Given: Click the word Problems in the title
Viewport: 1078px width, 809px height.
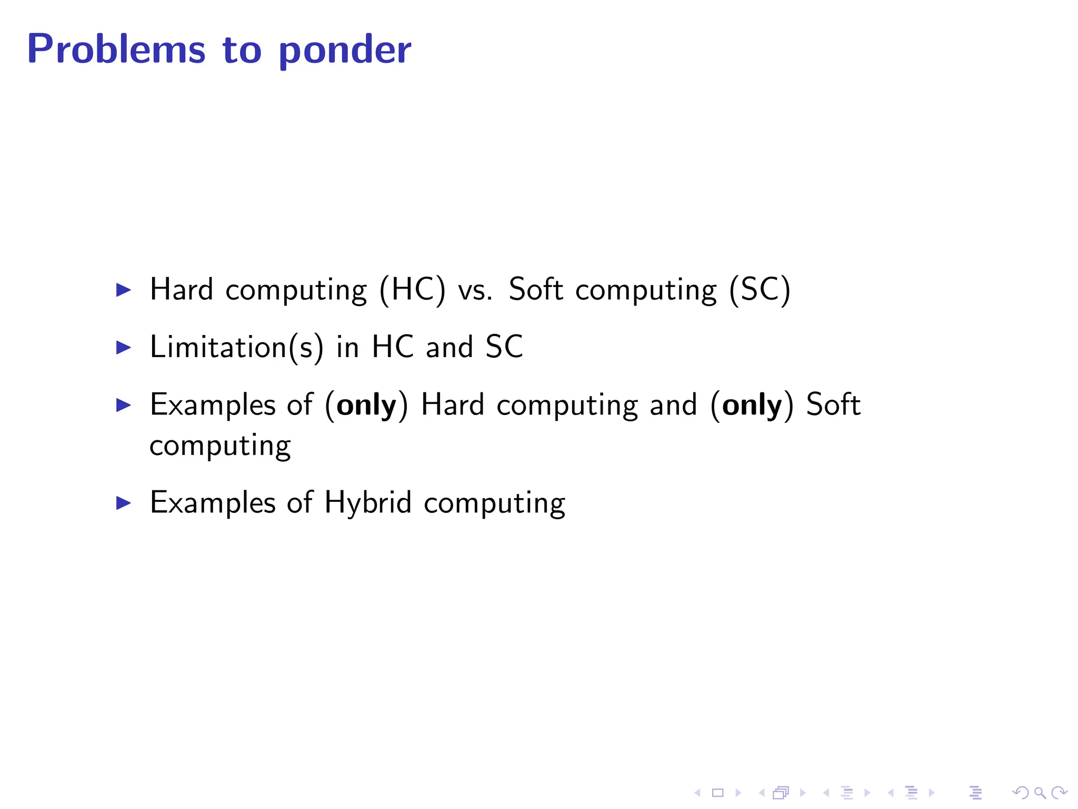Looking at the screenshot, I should [116, 50].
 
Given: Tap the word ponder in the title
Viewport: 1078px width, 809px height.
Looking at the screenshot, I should [344, 51].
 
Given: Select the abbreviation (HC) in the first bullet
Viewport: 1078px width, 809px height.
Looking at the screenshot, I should [412, 290].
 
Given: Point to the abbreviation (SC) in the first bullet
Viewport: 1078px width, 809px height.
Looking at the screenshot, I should [760, 290].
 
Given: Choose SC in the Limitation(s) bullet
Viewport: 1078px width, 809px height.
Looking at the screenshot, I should [504, 347].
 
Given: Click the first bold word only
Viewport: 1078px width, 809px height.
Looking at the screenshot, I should [366, 406].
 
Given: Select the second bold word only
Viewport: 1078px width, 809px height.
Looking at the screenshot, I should [752, 406].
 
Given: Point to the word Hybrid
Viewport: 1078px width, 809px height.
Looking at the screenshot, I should [367, 503].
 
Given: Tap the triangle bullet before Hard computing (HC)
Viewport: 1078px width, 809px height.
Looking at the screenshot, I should [123, 290].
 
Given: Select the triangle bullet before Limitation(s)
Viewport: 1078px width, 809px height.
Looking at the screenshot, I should [123, 348].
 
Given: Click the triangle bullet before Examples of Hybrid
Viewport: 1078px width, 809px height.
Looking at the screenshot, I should [123, 503].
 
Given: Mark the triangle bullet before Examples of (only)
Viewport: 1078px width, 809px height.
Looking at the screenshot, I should [123, 405].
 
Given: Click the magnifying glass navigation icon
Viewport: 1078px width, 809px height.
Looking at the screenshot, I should [1040, 792].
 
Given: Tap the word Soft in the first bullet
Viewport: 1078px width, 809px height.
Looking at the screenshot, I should [536, 290].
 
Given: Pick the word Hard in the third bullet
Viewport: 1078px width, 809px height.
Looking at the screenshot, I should [452, 405].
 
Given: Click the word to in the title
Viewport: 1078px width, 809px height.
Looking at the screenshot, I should [242, 51].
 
